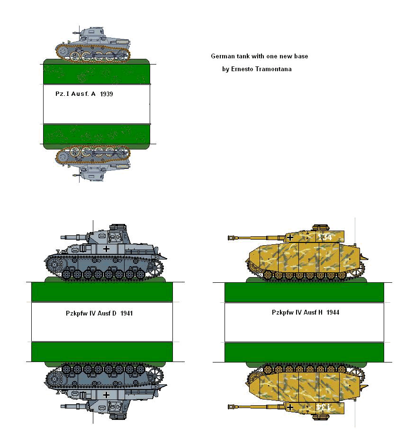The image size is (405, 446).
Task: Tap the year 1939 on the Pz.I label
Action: coord(107,94)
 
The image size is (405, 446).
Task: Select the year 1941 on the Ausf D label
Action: coord(126,313)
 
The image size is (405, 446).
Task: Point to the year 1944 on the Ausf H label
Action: coord(332,312)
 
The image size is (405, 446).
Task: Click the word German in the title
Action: coord(222,56)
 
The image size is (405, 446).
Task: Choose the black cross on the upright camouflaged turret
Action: coord(290,236)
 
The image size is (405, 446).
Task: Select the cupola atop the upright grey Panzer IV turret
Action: coord(117,227)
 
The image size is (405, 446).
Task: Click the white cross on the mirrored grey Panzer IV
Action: coord(107,394)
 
